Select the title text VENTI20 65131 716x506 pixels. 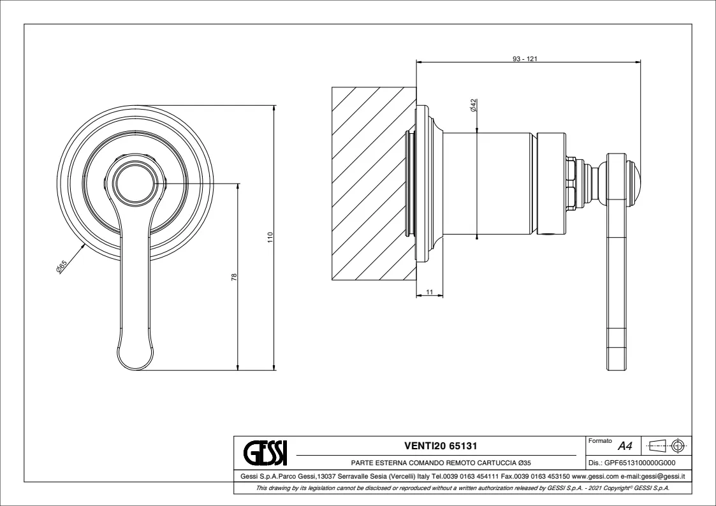pyautogui.click(x=441, y=445)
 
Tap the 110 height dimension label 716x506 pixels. pyautogui.click(x=270, y=237)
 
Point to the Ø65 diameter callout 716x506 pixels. pyautogui.click(x=62, y=268)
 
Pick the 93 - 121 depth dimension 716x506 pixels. pyautogui.click(x=527, y=58)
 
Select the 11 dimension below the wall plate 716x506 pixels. pyautogui.click(x=429, y=291)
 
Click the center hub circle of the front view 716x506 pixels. pyautogui.click(x=135, y=184)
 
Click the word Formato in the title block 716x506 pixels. pyautogui.click(x=601, y=441)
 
